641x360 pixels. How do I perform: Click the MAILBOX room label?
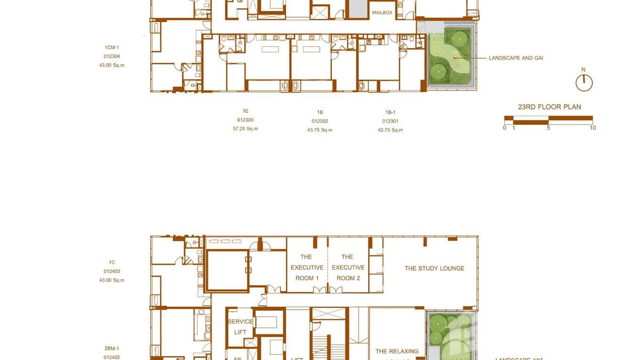(x=382, y=13)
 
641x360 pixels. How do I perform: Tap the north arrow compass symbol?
(x=584, y=83)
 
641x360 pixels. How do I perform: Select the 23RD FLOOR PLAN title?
(x=549, y=107)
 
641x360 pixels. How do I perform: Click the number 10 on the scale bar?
(x=593, y=128)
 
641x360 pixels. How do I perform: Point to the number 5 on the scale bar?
(x=548, y=128)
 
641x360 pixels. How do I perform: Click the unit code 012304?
(x=112, y=56)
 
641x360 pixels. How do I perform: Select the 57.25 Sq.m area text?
(x=245, y=129)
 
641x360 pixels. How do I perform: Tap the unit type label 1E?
(x=245, y=111)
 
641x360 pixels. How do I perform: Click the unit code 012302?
(x=320, y=121)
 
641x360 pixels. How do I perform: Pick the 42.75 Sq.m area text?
(x=390, y=130)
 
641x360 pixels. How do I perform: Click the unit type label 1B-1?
(x=390, y=113)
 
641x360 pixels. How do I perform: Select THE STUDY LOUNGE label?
(x=434, y=268)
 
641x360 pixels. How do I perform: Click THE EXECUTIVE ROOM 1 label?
(x=307, y=267)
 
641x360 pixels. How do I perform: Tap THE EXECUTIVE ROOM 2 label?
(x=348, y=267)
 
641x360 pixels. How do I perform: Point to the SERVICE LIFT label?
(x=240, y=327)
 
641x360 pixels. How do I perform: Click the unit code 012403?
(x=112, y=271)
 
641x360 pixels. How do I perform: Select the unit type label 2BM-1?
(x=112, y=349)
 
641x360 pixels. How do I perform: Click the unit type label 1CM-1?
(x=112, y=47)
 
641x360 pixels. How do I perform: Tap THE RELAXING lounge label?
(x=396, y=351)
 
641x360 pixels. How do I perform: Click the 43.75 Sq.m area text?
(x=320, y=130)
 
